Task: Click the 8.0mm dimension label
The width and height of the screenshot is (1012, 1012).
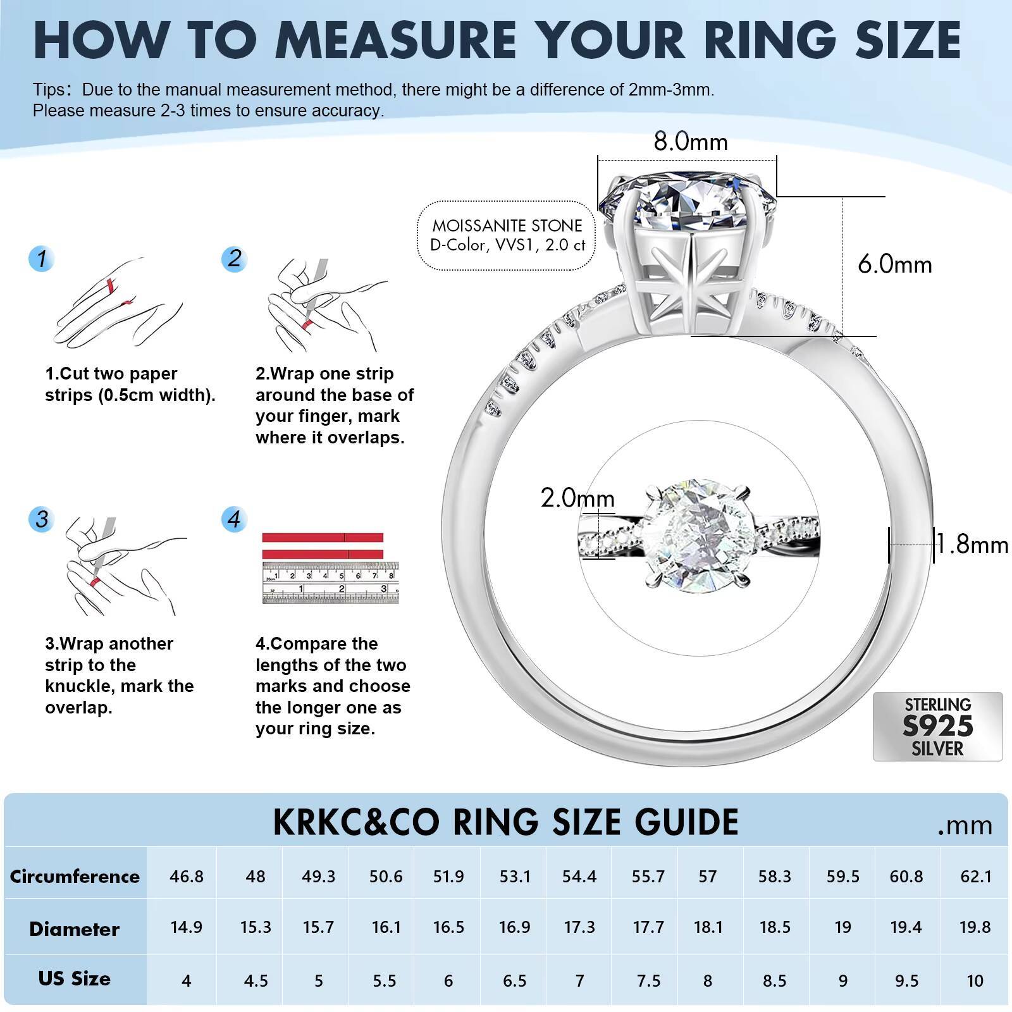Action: coord(691,141)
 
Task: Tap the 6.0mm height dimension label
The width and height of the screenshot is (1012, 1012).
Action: coord(894,264)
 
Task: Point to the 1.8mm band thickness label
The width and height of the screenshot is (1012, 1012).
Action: coord(973,545)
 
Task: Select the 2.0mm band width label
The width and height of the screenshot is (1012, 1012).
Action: coord(577,498)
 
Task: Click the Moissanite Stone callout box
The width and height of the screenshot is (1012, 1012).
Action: coord(507,235)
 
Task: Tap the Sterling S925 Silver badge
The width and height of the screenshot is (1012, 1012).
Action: coord(937,727)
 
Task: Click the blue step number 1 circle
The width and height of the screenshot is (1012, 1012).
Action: coord(42,259)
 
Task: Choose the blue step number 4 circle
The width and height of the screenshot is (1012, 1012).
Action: coord(234,520)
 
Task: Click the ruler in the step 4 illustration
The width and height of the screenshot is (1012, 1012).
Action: coord(330,583)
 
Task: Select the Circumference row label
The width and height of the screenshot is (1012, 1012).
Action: coord(75,877)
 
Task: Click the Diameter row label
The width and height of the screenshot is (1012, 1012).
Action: coord(75,929)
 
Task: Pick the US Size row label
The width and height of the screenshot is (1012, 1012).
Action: coord(75,978)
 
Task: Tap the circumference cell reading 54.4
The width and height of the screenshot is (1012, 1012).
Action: coord(579,877)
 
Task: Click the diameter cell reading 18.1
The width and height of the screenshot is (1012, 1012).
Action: coord(708,928)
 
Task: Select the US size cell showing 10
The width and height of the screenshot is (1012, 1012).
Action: coord(975,981)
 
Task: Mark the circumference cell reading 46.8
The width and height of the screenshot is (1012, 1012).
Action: coord(187,877)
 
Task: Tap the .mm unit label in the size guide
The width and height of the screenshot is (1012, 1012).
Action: coord(965,825)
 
